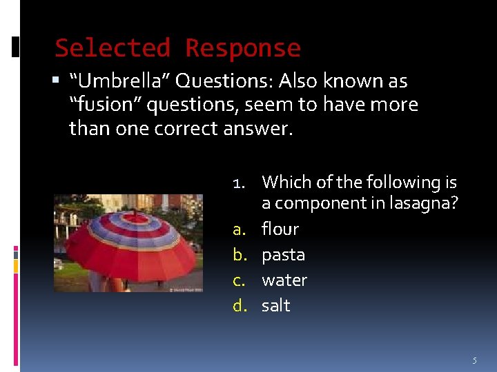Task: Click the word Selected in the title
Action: coord(113,48)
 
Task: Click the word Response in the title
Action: coord(243,48)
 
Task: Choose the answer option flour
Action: coord(280,229)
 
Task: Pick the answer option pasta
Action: coord(283,255)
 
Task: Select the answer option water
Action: coord(284,280)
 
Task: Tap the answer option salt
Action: coord(275,306)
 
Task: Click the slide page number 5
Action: coord(474,360)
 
